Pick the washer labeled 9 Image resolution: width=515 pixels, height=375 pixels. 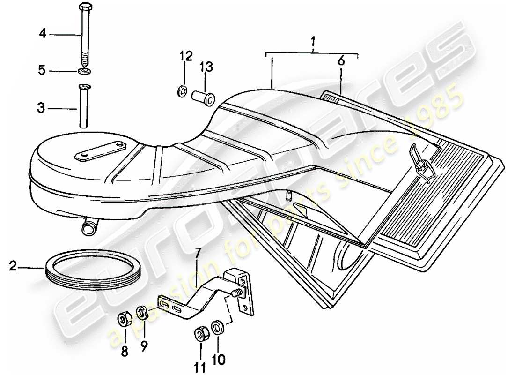click(x=142, y=313)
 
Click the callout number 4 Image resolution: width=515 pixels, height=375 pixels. click(x=43, y=34)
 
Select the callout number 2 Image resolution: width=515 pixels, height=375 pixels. click(x=13, y=267)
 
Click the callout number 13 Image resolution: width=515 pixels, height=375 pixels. click(x=206, y=68)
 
